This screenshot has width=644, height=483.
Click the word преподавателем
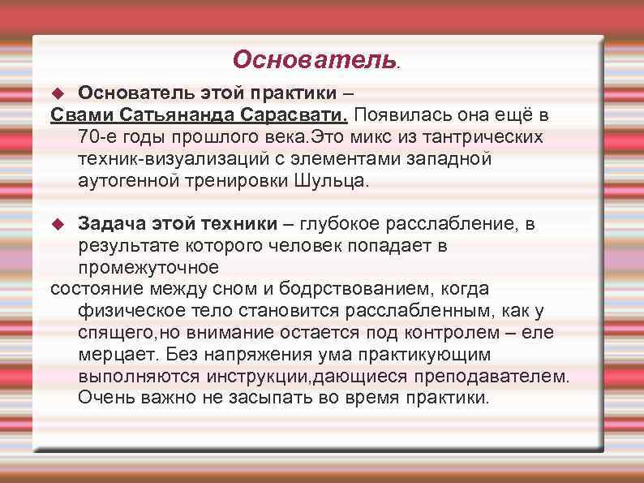(496, 377)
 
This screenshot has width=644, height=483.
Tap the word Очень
(106, 399)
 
